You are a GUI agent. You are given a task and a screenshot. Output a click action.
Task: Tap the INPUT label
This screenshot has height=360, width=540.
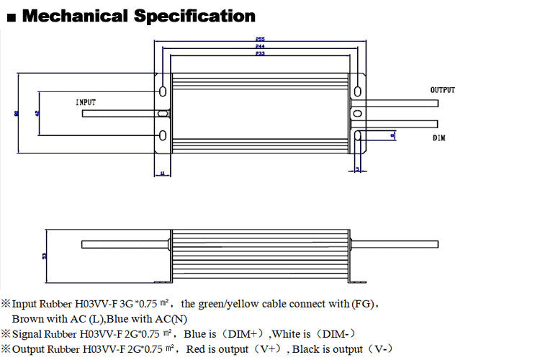(x=86, y=103)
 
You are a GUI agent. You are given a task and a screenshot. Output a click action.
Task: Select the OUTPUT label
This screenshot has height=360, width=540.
(x=442, y=90)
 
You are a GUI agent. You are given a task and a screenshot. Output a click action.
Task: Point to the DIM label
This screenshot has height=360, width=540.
(x=438, y=138)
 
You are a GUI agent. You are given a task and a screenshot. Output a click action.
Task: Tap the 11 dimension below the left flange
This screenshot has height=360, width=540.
(x=162, y=173)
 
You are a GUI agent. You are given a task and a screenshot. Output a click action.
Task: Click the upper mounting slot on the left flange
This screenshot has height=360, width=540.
(x=163, y=91)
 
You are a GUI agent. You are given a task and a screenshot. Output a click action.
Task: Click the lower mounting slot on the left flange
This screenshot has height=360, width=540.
(x=163, y=136)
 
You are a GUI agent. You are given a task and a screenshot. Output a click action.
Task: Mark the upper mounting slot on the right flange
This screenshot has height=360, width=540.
(x=356, y=90)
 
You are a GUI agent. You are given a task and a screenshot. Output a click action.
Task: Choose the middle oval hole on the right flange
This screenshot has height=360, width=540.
(x=356, y=113)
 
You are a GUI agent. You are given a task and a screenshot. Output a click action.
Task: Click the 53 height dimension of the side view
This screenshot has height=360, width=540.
(x=45, y=256)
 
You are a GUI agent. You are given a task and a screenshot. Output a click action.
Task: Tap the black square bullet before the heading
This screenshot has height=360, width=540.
(x=9, y=17)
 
